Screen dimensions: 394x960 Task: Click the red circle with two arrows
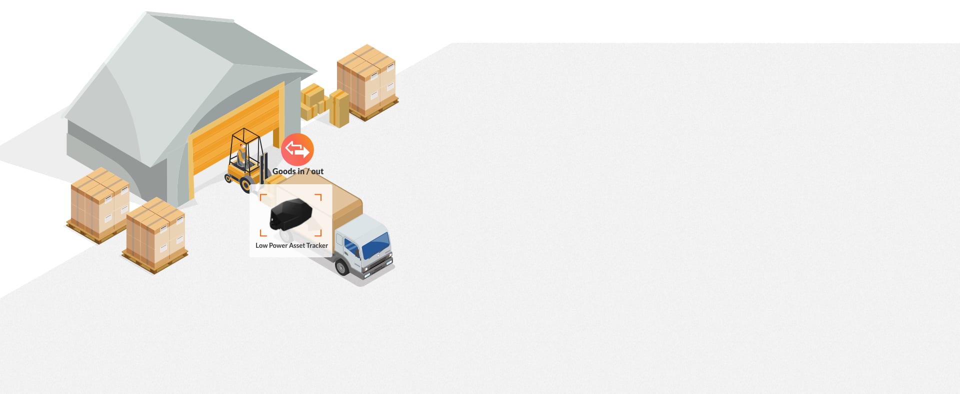[x=297, y=150]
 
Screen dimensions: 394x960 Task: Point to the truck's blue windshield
[x=375, y=244]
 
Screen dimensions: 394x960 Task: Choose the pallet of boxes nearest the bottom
[x=155, y=235]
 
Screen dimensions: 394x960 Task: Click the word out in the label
[x=317, y=171]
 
